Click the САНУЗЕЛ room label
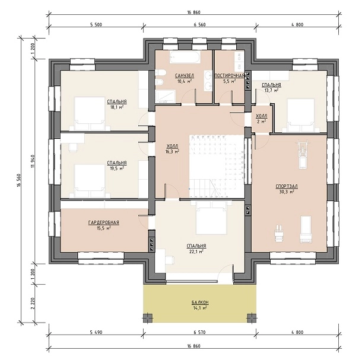pos(184,76)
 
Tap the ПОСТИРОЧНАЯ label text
pos(230,76)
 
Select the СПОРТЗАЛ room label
pos(287,186)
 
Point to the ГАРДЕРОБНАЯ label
pos(104,222)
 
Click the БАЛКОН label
pos(200,302)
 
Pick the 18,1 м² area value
pos(117,107)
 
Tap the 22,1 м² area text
pos(196,252)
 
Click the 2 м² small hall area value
pos(261,121)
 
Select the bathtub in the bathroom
pos(184,57)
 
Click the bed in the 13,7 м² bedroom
pos(301,116)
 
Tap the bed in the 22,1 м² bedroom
pos(211,218)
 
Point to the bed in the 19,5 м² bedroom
pos(90,181)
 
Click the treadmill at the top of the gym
pos(302,154)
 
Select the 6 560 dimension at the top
pos(200,25)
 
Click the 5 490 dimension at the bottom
pos(96,333)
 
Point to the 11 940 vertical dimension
pos(33,161)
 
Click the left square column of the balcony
pos(148,318)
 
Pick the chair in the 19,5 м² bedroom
pos(73,147)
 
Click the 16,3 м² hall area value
pos(173,152)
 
